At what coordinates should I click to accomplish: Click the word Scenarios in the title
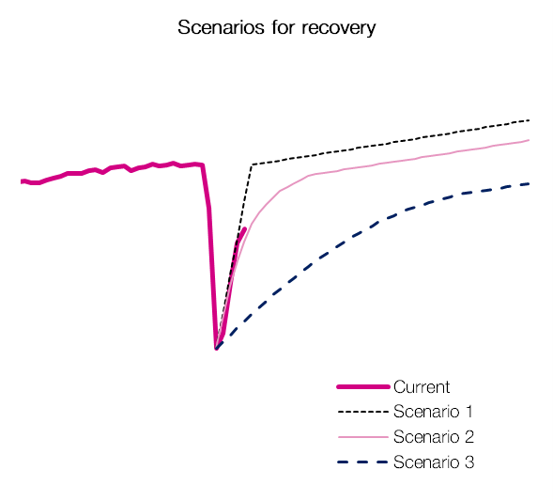[x=221, y=27]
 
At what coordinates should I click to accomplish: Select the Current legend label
[x=422, y=387]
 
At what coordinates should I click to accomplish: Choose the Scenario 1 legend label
[x=433, y=412]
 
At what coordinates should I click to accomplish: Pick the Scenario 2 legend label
[x=434, y=437]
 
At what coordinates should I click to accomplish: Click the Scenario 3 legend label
[x=434, y=462]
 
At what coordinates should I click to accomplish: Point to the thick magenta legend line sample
[x=363, y=387]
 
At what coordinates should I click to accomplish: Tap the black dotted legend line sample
[x=363, y=412]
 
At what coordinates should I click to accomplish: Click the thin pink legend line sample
[x=363, y=437]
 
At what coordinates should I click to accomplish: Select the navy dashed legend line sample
[x=363, y=462]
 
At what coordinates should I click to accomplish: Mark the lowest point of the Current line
[x=217, y=348]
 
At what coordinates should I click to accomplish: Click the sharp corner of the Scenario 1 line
[x=252, y=164]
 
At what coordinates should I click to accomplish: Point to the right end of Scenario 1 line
[x=529, y=120]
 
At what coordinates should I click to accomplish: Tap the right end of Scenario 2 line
[x=529, y=140]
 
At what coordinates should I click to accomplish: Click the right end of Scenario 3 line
[x=529, y=183]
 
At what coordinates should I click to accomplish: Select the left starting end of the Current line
[x=22, y=181]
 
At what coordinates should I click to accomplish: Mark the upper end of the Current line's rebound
[x=245, y=228]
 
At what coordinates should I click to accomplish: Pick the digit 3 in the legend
[x=469, y=462]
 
